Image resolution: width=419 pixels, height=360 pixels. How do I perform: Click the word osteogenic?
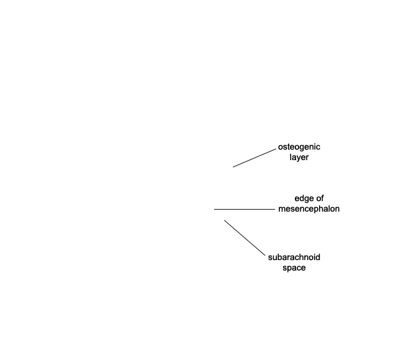tap(299, 147)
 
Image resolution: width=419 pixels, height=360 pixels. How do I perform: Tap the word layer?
tap(299, 158)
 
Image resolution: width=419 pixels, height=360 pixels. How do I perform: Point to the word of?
tap(320, 198)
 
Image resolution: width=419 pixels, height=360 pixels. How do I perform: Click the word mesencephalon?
tap(309, 209)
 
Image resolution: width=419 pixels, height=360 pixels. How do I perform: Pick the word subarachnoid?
tap(294, 257)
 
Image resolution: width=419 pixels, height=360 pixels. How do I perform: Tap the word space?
tap(294, 268)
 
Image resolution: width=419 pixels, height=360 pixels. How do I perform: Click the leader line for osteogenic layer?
tap(255, 158)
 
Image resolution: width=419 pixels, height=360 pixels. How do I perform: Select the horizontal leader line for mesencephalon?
tap(244, 210)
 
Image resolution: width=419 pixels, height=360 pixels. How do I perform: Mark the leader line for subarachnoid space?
tap(245, 238)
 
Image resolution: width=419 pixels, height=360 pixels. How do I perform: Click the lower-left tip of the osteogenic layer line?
tap(233, 167)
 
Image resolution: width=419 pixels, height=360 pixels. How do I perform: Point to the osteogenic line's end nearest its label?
tap(276, 149)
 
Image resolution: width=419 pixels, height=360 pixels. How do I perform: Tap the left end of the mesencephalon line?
tap(214, 210)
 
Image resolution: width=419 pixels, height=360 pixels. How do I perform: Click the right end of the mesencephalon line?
tap(275, 210)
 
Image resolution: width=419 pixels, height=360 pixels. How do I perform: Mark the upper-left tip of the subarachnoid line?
tap(224, 220)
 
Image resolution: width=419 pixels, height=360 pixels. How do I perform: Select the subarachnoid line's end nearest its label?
tap(266, 256)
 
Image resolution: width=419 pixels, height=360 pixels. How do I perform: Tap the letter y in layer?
tap(299, 158)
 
